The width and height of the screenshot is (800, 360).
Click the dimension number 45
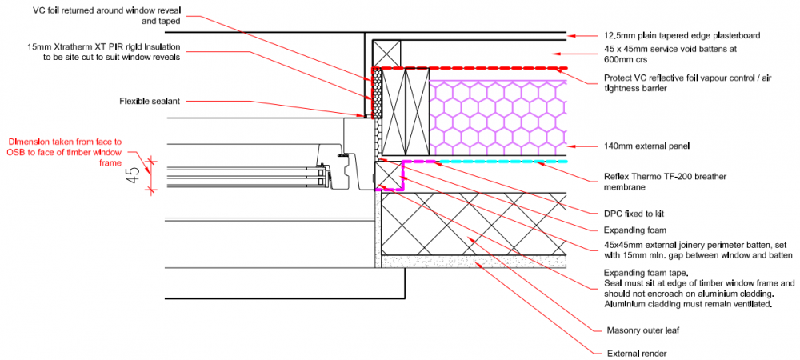133,175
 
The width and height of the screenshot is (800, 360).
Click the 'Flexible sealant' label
150,102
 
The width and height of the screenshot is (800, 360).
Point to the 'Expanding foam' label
634,230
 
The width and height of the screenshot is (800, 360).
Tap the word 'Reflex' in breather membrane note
614,177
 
